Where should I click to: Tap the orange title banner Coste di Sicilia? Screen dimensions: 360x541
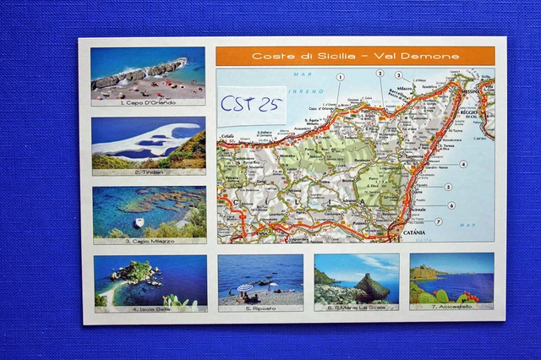tap(355, 57)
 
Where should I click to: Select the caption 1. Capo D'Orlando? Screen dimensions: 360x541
tap(148, 102)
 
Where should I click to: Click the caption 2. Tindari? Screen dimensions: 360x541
tap(148, 172)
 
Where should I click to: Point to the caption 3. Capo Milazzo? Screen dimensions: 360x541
tap(148, 241)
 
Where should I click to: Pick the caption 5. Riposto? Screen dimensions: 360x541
tap(260, 308)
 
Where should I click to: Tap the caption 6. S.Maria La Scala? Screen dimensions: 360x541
tap(356, 308)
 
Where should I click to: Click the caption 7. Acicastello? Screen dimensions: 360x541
tap(451, 308)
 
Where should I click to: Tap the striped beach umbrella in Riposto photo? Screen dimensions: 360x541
tap(245, 288)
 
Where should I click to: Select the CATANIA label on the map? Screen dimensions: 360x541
tap(413, 232)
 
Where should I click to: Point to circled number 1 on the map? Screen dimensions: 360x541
tap(340, 77)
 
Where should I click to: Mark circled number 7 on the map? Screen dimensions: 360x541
tap(438, 221)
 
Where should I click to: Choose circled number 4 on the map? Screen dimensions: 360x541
tap(463, 164)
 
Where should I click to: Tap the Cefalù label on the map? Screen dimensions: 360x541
tap(227, 135)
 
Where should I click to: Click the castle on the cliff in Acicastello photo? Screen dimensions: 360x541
tap(426, 274)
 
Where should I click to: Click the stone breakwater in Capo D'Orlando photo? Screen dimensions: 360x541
tap(139, 74)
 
